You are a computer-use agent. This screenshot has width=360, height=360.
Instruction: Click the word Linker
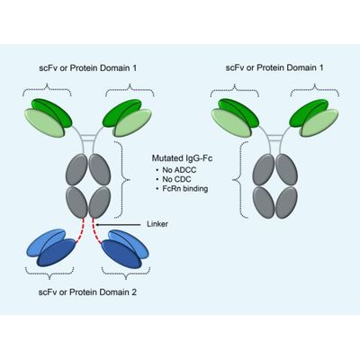[x=157, y=224]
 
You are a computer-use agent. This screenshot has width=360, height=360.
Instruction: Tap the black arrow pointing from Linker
[x=119, y=224]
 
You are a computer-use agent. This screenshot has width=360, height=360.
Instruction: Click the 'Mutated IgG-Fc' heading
[x=182, y=158]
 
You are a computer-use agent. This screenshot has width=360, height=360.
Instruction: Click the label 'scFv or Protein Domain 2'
[x=87, y=292]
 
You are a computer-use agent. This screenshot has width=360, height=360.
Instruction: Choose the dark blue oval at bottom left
[x=57, y=253]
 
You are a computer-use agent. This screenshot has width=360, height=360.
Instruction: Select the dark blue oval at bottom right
[x=121, y=255]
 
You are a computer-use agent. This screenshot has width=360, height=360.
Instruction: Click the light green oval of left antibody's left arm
[x=45, y=123]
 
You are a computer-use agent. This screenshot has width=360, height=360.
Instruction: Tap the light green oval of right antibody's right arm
[x=319, y=123]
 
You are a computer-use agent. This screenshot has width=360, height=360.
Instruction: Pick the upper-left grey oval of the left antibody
[x=76, y=170]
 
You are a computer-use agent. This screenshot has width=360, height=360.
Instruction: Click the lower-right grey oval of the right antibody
[x=286, y=202]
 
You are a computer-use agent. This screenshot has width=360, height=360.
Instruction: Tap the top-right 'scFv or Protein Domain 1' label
[x=274, y=67]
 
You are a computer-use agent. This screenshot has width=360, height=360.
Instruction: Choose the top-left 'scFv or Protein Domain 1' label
[x=88, y=67]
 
